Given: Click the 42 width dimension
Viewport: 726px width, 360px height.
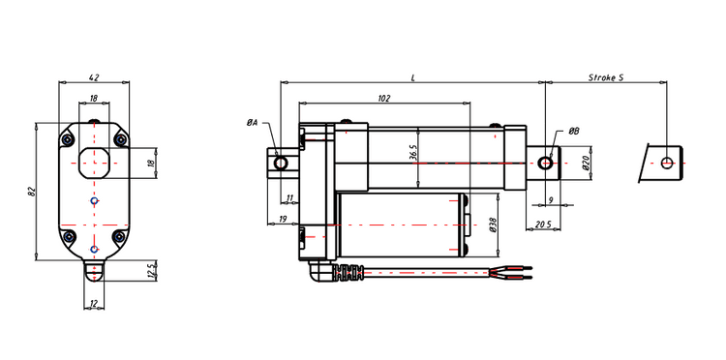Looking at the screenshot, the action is pyautogui.click(x=94, y=77).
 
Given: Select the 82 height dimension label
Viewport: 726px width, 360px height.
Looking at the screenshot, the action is pyautogui.click(x=32, y=191).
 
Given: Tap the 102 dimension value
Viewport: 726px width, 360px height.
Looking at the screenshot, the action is pyautogui.click(x=384, y=98).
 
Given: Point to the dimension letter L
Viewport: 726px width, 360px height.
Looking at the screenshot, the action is pyautogui.click(x=413, y=77).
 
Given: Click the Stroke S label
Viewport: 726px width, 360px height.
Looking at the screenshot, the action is pyautogui.click(x=606, y=77).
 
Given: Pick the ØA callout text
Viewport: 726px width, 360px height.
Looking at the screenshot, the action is pyautogui.click(x=252, y=123).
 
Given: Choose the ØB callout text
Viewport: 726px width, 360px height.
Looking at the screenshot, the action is pyautogui.click(x=574, y=132).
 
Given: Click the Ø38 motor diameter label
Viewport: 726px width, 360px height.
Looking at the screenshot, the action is pyautogui.click(x=493, y=225).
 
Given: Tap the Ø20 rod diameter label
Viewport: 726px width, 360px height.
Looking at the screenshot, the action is pyautogui.click(x=586, y=164).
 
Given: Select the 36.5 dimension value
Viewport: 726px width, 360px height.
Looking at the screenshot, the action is pyautogui.click(x=413, y=152).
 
